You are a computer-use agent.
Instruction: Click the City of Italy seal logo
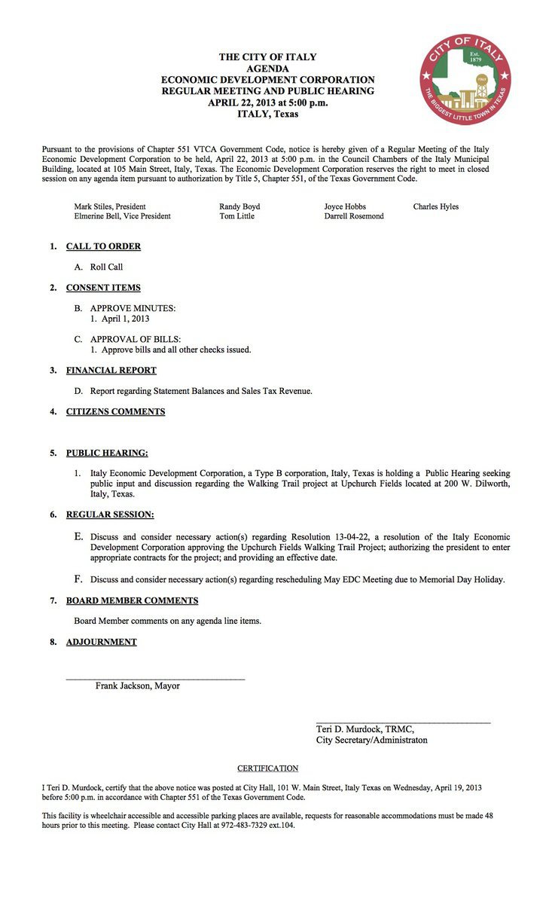(465, 79)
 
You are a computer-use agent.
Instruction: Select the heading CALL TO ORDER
(103, 246)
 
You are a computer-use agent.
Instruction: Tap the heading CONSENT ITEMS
(103, 288)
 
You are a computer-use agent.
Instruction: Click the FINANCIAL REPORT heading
(111, 371)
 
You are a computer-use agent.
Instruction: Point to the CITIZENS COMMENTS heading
(115, 412)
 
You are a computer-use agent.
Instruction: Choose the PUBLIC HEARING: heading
(107, 454)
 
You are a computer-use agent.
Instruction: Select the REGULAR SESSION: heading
(110, 515)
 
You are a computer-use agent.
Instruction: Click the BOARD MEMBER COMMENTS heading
(132, 601)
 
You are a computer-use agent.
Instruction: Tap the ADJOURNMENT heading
(102, 643)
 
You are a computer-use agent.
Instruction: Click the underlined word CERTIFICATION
(268, 768)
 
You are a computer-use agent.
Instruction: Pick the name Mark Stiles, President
(110, 206)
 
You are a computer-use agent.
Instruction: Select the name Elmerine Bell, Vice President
(122, 216)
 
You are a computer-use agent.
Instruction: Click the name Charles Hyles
(435, 206)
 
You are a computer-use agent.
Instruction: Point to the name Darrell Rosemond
(354, 216)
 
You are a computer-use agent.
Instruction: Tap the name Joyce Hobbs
(345, 206)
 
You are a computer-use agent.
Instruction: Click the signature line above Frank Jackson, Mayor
(155, 680)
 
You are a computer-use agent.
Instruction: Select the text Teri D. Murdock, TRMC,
(364, 729)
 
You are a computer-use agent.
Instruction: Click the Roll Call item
(106, 267)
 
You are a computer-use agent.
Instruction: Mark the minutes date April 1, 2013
(120, 319)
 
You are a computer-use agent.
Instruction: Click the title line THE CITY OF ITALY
(267, 57)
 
